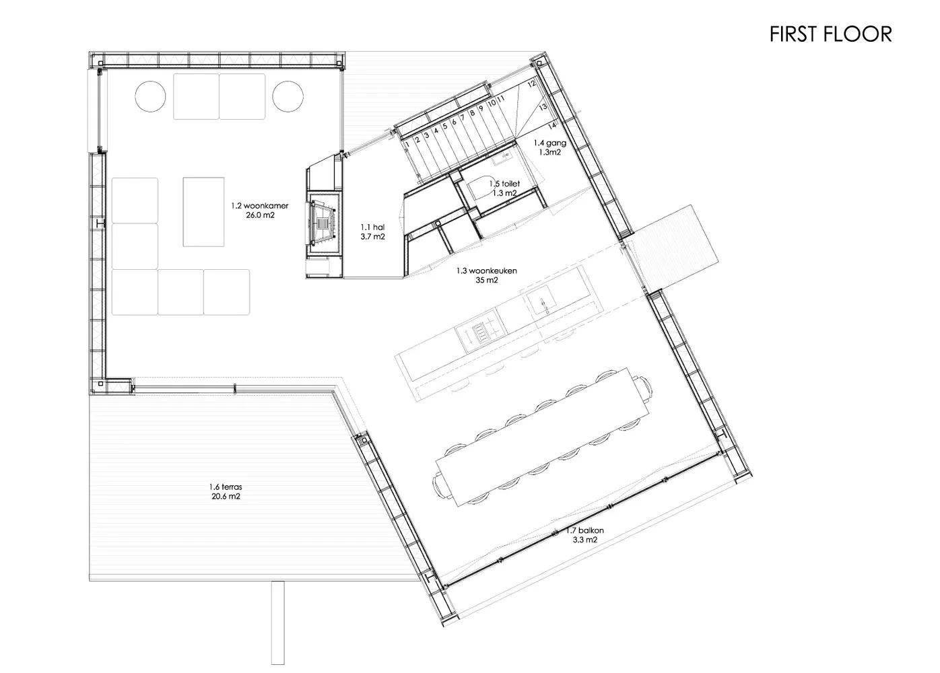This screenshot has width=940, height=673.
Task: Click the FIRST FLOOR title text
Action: pos(830,34)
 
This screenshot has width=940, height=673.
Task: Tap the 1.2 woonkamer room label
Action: pos(260,206)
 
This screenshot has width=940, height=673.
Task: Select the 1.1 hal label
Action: pos(372,227)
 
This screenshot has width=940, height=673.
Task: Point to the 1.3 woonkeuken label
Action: pos(487,271)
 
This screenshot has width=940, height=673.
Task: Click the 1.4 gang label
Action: pos(549,143)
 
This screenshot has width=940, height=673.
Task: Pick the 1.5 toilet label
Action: pos(504,184)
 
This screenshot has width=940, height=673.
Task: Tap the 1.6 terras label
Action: pos(226,487)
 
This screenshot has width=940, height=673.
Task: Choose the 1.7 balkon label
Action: pos(585,531)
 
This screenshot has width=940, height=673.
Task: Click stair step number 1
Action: pos(407,144)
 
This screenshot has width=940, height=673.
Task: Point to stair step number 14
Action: pos(552,125)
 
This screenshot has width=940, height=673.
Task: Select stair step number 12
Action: pos(532,84)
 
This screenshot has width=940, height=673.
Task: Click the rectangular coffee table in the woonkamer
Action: pos(203,212)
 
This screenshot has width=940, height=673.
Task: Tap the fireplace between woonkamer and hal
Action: pos(323,223)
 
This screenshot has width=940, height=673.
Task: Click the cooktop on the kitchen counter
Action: pos(481,334)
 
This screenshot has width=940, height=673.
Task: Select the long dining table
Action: pos(541,437)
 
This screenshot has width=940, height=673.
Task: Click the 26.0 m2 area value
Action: pos(260,215)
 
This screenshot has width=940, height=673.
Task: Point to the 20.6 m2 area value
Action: pos(226,497)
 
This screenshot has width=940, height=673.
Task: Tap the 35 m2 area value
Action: pos(487,280)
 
